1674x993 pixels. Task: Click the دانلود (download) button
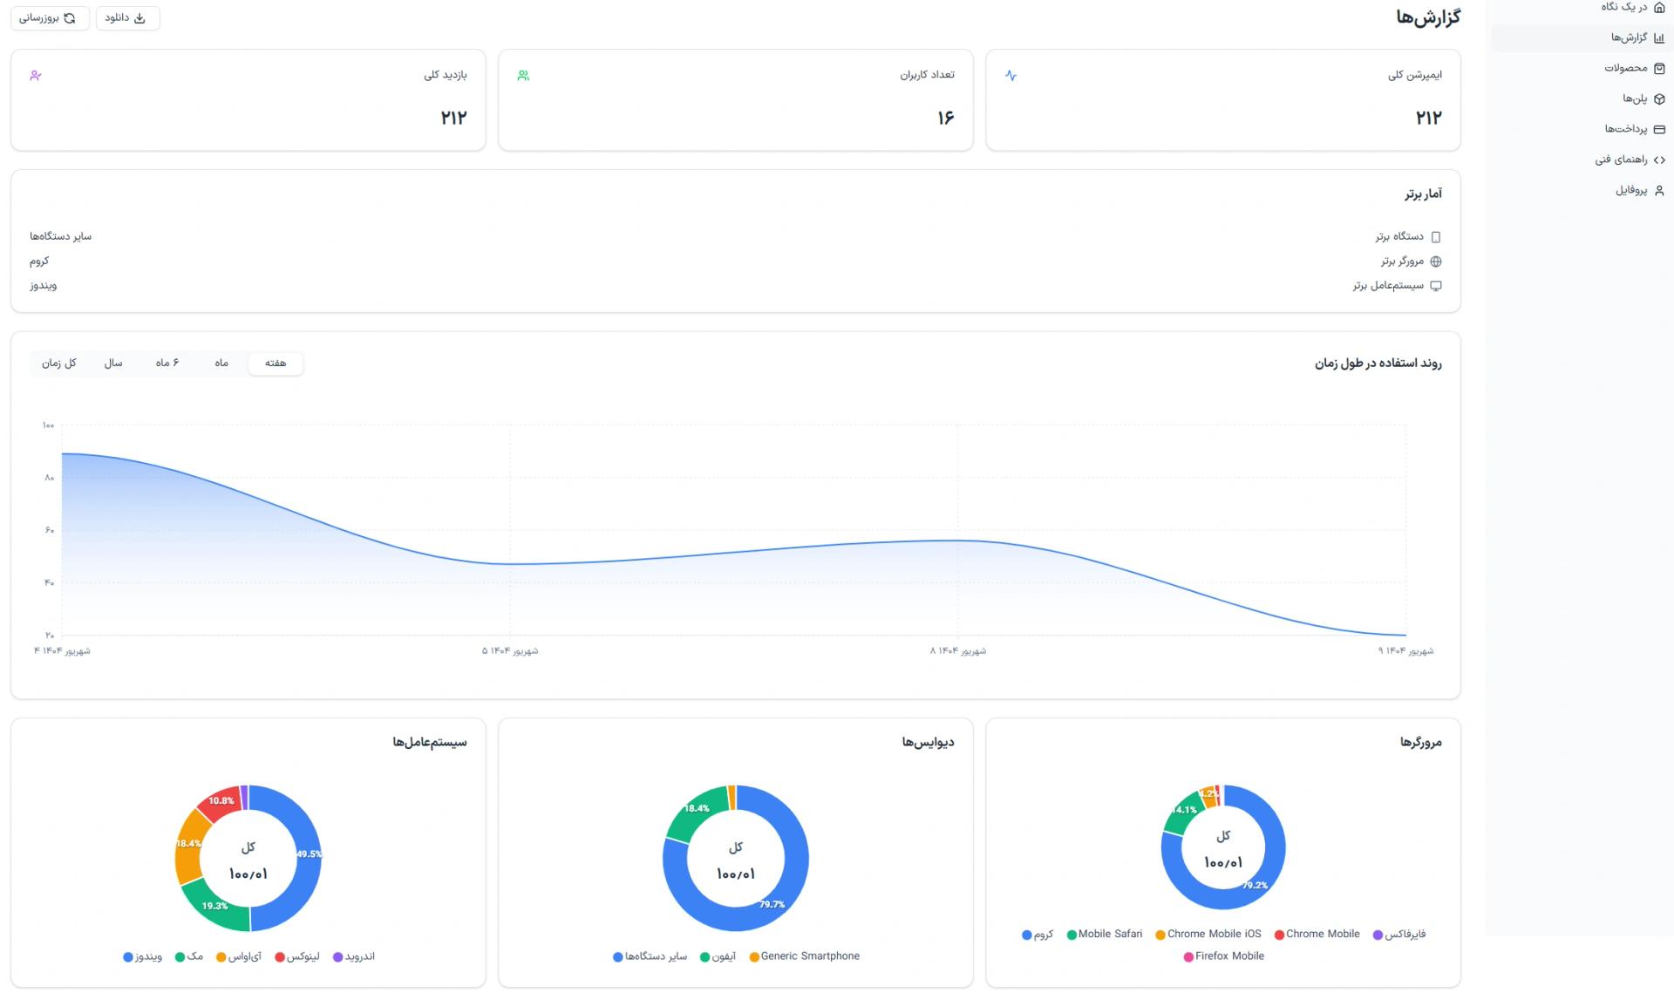[x=127, y=18]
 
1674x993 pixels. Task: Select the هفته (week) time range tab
[x=276, y=363]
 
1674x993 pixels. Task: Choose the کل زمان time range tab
[x=59, y=363]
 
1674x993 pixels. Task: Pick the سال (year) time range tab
[x=113, y=363]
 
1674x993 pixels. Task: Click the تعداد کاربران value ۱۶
[x=946, y=118]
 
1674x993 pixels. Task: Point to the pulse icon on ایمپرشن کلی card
[x=1011, y=76]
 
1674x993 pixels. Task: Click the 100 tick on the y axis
[x=48, y=425]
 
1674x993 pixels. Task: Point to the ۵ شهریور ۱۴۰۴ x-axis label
[x=510, y=651]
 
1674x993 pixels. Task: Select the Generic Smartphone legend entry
[x=804, y=956]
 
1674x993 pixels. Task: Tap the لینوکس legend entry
[x=297, y=956]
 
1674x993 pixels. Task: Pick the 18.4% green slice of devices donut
[x=696, y=811]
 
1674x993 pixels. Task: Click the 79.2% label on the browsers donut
[x=1255, y=885]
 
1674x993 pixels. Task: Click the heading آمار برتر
[x=1423, y=194]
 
